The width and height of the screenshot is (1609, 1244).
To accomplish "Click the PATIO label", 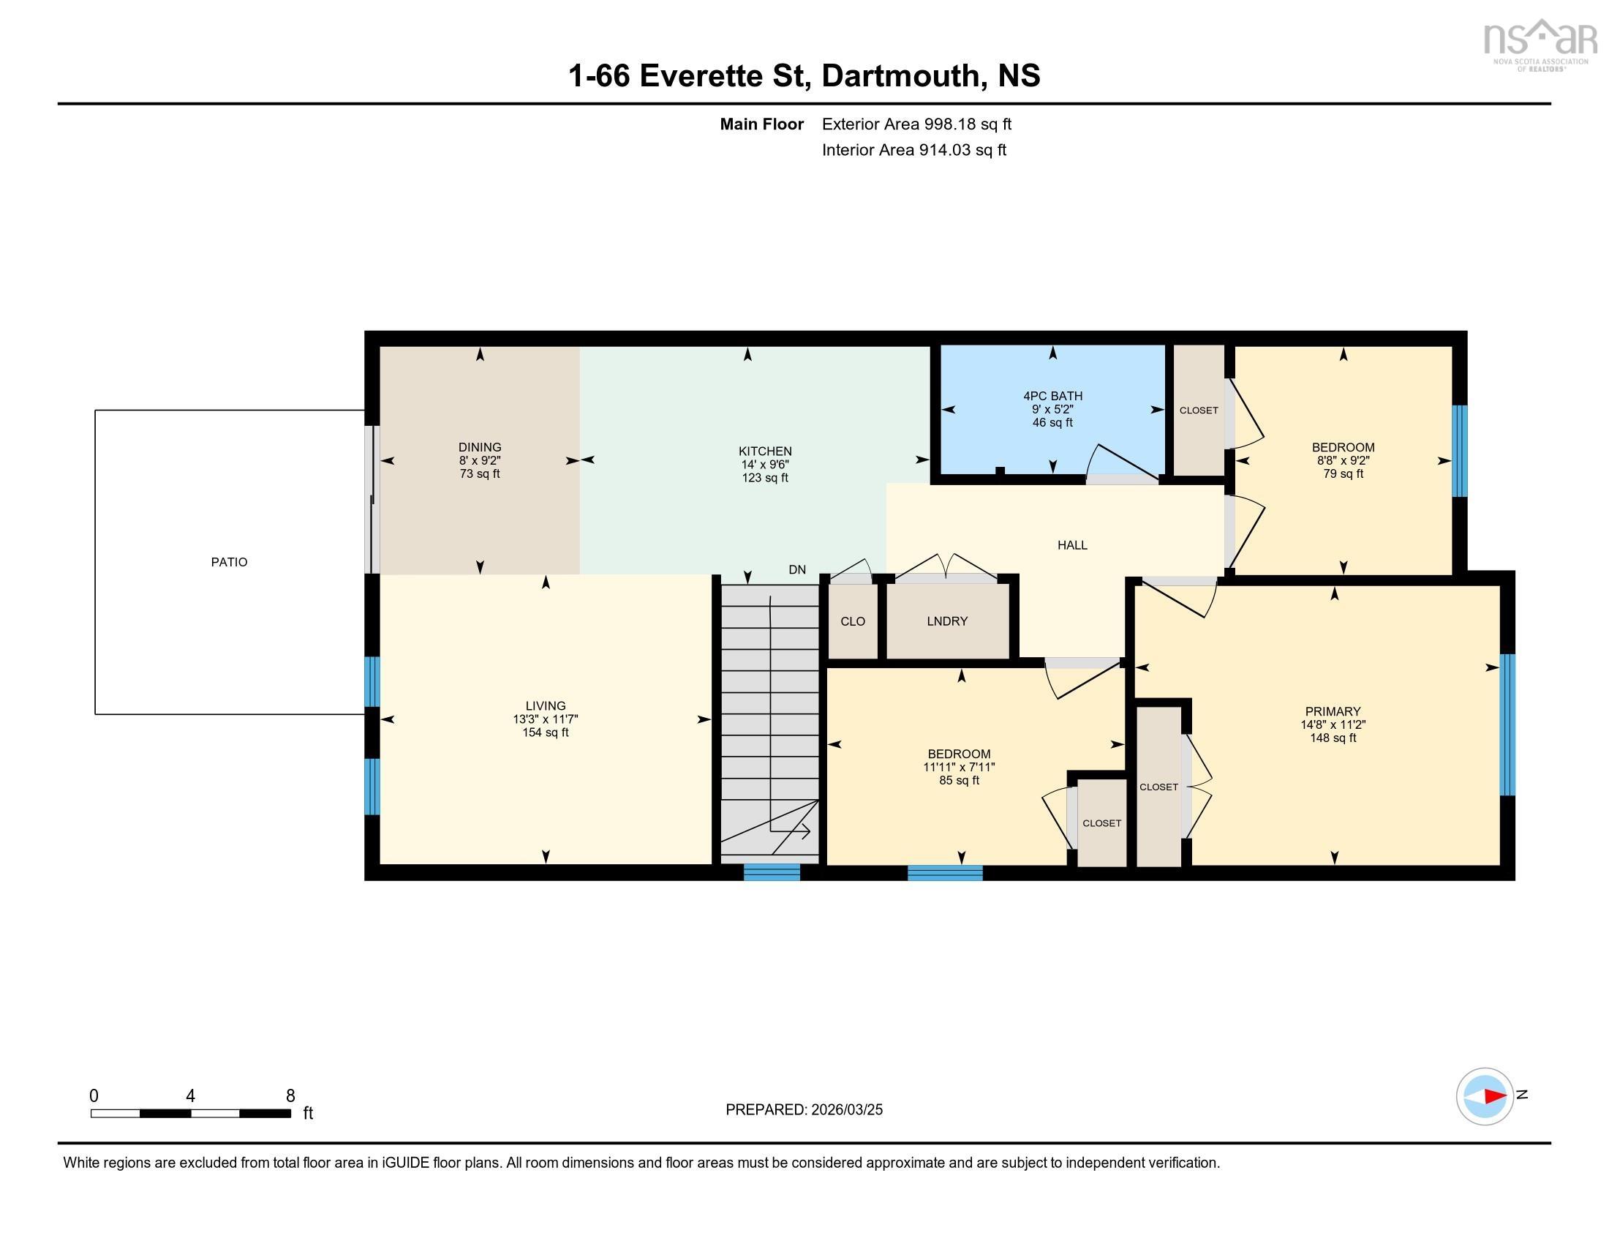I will click(x=229, y=561).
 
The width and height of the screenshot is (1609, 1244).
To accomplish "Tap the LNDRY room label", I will click(x=946, y=621).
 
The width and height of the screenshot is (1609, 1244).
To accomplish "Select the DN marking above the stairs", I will click(x=797, y=569).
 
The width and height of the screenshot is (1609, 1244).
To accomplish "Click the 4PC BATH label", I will click(x=1052, y=396).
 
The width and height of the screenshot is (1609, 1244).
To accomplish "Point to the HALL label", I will click(x=1072, y=545).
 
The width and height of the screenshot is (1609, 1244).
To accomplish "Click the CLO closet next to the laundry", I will click(x=852, y=621).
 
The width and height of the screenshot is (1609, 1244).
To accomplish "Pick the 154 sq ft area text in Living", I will click(x=545, y=732).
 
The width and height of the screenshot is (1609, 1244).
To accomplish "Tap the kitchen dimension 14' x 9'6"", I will click(x=765, y=465).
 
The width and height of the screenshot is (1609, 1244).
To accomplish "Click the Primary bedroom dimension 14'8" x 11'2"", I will click(x=1333, y=725).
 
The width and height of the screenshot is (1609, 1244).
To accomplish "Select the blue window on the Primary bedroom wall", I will click(x=1507, y=724).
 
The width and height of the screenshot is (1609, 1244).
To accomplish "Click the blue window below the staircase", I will click(x=772, y=872).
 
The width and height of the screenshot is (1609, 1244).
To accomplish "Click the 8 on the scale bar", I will click(x=290, y=1096).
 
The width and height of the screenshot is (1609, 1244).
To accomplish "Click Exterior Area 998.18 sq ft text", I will click(x=916, y=124).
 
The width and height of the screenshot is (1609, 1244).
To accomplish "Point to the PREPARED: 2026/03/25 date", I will click(x=804, y=1110).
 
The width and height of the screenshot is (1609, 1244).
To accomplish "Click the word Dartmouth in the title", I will click(x=903, y=76).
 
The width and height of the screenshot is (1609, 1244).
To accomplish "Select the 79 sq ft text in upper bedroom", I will click(x=1342, y=474).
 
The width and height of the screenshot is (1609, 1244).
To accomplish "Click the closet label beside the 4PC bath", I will click(x=1198, y=411).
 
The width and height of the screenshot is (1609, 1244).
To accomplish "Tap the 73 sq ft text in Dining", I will click(x=480, y=474).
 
